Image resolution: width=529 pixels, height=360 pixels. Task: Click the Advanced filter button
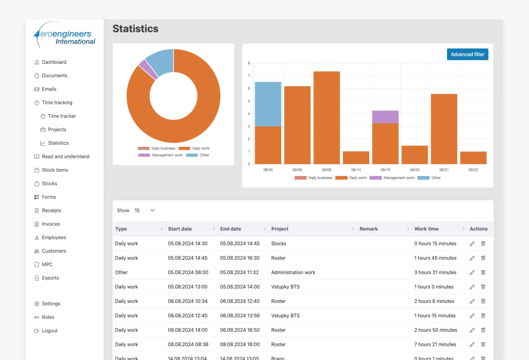(467, 54)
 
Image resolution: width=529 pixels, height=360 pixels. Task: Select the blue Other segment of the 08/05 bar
(268, 104)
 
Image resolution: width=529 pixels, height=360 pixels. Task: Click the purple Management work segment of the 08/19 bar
(385, 117)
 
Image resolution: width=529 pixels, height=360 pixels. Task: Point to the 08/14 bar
(356, 158)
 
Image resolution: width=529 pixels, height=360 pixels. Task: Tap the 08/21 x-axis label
(444, 170)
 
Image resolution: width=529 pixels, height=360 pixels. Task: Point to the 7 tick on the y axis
(249, 76)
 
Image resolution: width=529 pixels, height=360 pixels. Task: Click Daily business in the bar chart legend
(313, 178)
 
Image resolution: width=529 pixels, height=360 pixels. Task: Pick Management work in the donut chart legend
(160, 155)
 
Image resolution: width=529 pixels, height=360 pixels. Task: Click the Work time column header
(426, 229)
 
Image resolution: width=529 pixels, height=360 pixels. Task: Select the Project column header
(280, 229)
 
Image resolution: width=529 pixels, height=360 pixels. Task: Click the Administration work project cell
(293, 272)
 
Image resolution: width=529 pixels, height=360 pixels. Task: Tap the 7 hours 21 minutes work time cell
(435, 344)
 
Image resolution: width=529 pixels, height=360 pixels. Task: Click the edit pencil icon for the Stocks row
(472, 244)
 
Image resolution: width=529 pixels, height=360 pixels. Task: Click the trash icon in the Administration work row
(483, 272)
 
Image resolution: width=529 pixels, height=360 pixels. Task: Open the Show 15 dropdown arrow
(152, 210)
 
